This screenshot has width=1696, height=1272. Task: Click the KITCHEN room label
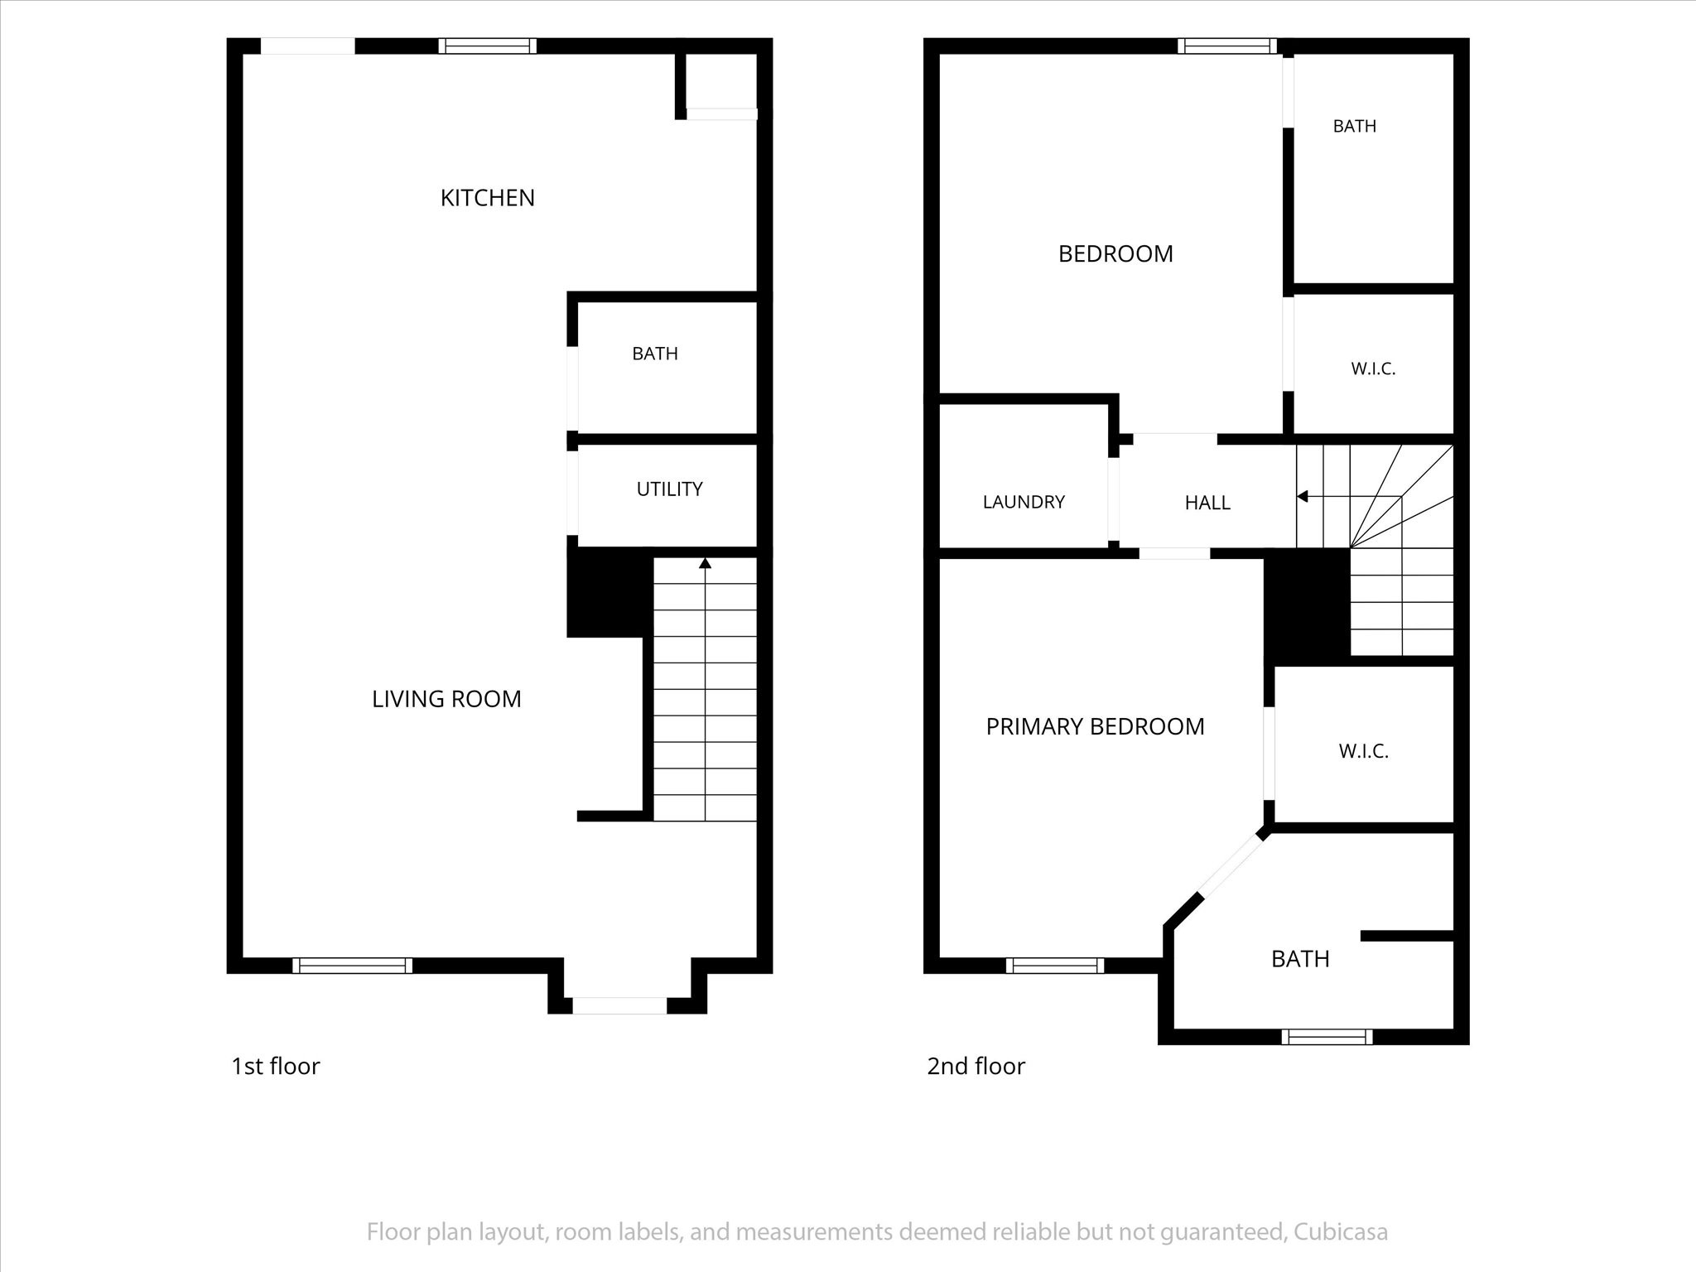click(x=487, y=198)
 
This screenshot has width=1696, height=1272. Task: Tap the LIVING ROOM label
click(x=446, y=699)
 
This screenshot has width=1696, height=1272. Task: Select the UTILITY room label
click(x=669, y=489)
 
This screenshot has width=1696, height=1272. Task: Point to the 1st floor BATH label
click(x=655, y=354)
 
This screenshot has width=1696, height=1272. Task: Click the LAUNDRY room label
click(x=1024, y=502)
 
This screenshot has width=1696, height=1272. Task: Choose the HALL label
click(x=1207, y=503)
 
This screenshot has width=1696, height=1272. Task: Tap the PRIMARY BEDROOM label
click(x=1095, y=726)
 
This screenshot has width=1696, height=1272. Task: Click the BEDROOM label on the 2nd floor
click(x=1115, y=253)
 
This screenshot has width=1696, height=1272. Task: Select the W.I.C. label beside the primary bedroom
click(x=1363, y=751)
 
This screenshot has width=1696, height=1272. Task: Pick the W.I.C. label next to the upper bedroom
click(x=1373, y=369)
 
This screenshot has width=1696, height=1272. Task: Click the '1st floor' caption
click(x=275, y=1066)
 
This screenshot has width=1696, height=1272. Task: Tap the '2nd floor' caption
click(x=976, y=1066)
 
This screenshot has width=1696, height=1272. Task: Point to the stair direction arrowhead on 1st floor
click(x=705, y=563)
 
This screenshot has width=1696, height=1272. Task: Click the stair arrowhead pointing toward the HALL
click(x=1302, y=497)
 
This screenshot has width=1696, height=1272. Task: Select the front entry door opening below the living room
click(x=619, y=1005)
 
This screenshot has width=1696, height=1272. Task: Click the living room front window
click(x=352, y=965)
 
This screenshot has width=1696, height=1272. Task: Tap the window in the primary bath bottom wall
click(x=1327, y=1036)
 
